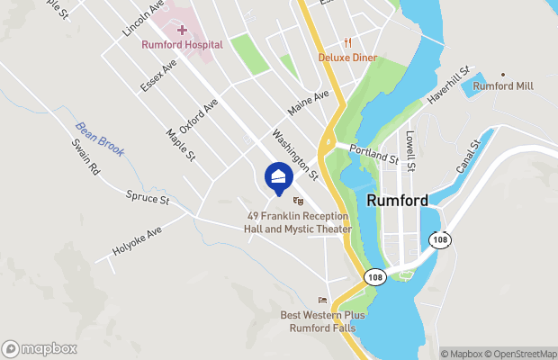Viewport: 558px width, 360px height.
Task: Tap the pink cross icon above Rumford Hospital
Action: point(181,30)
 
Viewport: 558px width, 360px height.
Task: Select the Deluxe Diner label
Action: point(348,58)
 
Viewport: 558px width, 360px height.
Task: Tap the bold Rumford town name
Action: point(397,202)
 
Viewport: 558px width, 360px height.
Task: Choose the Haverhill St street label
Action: point(450,85)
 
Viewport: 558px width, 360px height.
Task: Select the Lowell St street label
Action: point(409,150)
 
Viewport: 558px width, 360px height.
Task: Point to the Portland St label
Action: point(373,154)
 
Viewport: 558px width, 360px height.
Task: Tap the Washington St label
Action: point(295,151)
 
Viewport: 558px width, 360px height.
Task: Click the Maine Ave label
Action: point(308,102)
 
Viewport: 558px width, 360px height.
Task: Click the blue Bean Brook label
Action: point(99,139)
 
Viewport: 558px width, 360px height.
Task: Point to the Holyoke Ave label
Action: point(136,240)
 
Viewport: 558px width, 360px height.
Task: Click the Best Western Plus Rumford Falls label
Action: point(323,321)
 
